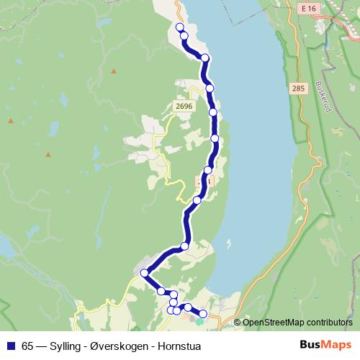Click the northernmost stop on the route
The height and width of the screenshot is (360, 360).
(x=180, y=27)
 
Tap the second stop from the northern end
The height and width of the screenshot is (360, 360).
(x=184, y=35)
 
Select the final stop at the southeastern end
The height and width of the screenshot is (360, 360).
(x=203, y=313)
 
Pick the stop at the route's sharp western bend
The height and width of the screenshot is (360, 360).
(x=144, y=273)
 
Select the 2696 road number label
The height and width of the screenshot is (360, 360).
(x=184, y=106)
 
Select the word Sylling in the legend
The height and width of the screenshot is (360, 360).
(x=66, y=346)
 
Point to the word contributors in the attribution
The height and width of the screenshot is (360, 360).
(x=329, y=322)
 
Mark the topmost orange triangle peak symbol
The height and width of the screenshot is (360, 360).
(x=113, y=71)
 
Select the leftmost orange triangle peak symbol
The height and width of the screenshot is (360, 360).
(x=10, y=117)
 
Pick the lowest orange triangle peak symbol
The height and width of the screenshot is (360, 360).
(x=48, y=153)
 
